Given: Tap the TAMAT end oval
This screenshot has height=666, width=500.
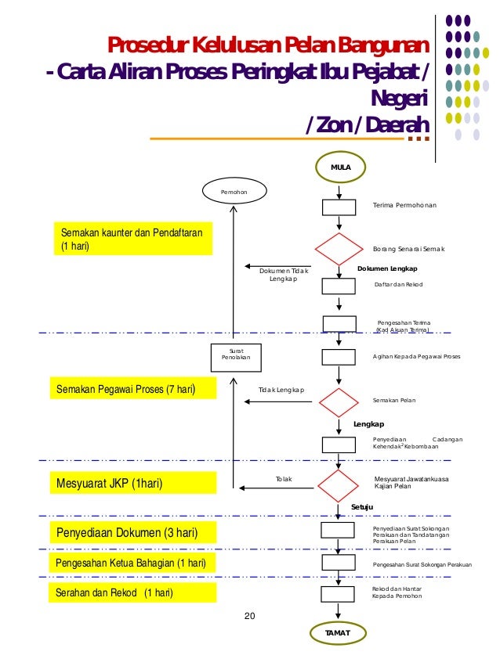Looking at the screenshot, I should (x=337, y=632).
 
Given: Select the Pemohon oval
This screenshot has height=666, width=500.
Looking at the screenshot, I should (x=233, y=191).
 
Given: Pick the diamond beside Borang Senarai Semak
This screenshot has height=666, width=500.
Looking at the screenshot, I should (x=339, y=249).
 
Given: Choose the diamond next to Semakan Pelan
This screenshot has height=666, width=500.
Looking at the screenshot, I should (x=339, y=402).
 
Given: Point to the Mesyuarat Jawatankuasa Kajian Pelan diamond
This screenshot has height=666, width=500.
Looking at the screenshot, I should (x=339, y=485).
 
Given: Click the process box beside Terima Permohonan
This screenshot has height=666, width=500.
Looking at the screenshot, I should (x=339, y=207).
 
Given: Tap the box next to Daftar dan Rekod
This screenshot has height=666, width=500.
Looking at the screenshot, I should (x=339, y=285).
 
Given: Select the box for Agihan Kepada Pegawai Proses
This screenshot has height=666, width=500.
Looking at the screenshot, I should (x=339, y=357).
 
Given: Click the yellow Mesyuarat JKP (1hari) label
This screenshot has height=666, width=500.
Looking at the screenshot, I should (x=132, y=484).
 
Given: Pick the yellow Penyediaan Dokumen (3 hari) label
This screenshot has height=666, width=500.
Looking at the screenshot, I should (x=132, y=534).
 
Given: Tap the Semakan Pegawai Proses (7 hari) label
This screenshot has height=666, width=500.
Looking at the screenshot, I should (x=132, y=388).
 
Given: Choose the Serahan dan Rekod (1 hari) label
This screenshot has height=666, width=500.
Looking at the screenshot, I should (x=132, y=592).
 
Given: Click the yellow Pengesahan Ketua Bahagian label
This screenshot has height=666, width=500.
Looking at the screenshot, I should (x=132, y=563).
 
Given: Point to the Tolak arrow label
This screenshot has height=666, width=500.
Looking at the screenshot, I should (x=284, y=477).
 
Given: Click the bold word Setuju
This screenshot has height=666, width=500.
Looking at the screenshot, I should (x=362, y=508).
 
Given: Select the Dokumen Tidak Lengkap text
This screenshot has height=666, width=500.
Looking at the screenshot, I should (x=284, y=275).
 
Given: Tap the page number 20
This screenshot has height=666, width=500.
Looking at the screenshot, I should (x=250, y=617).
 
